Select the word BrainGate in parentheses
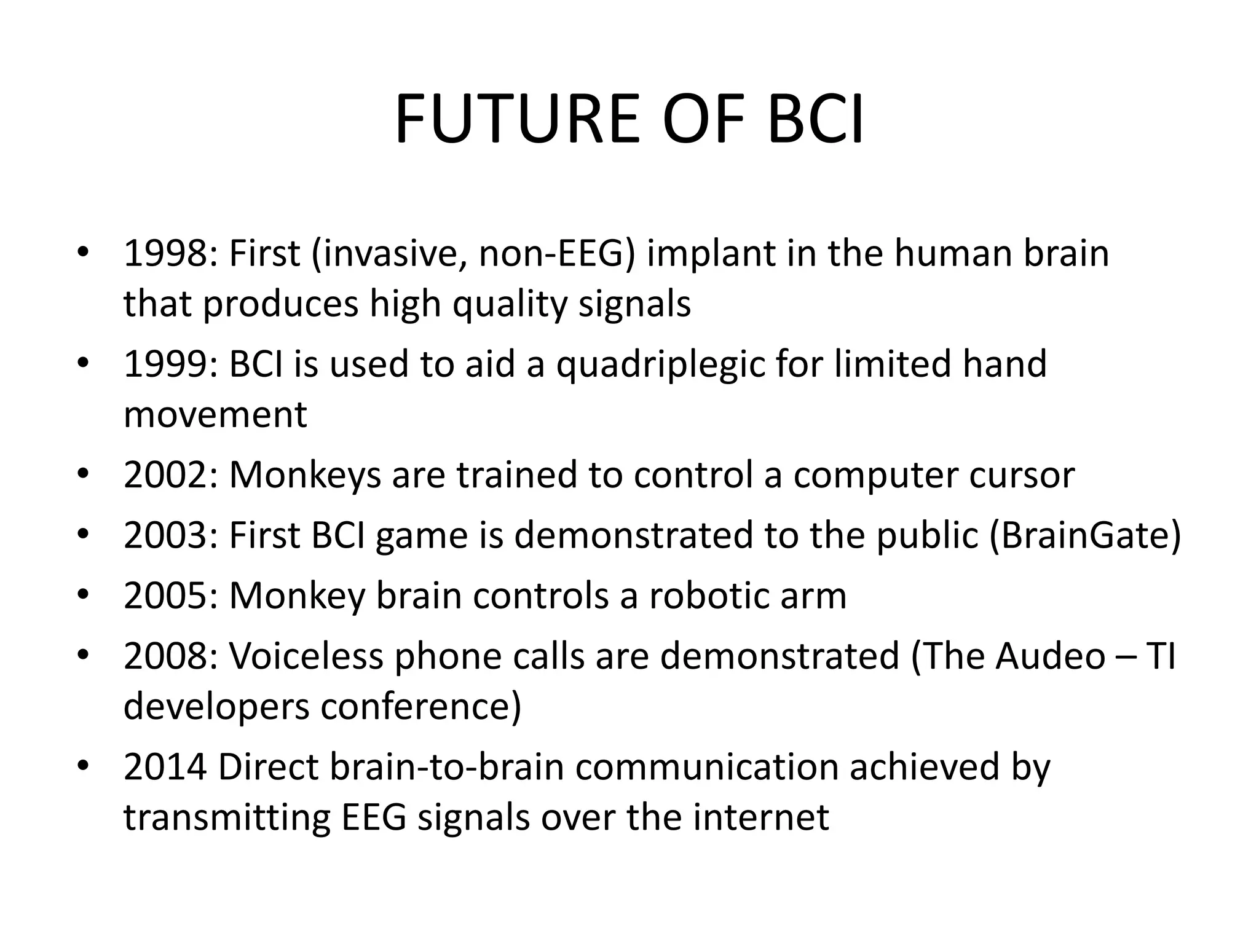[x=1086, y=535]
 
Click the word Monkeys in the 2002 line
[x=305, y=475]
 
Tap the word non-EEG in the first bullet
[x=556, y=253]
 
